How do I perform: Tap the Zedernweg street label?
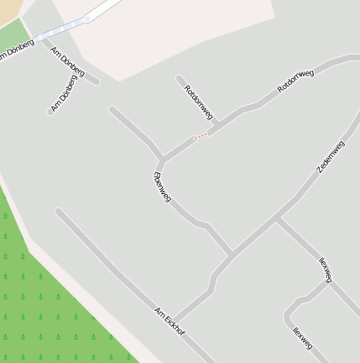[331, 157]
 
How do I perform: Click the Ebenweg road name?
[162, 187]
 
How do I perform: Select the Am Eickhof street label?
[169, 322]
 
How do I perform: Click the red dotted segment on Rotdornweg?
[201, 135]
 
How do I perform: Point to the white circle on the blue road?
[87, 18]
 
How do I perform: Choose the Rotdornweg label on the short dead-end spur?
[199, 103]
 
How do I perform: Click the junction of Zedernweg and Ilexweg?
[278, 220]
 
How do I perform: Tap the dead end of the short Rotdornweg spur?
[180, 79]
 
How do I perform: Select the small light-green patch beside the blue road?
[12, 34]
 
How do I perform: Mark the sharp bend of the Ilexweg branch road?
[289, 316]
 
